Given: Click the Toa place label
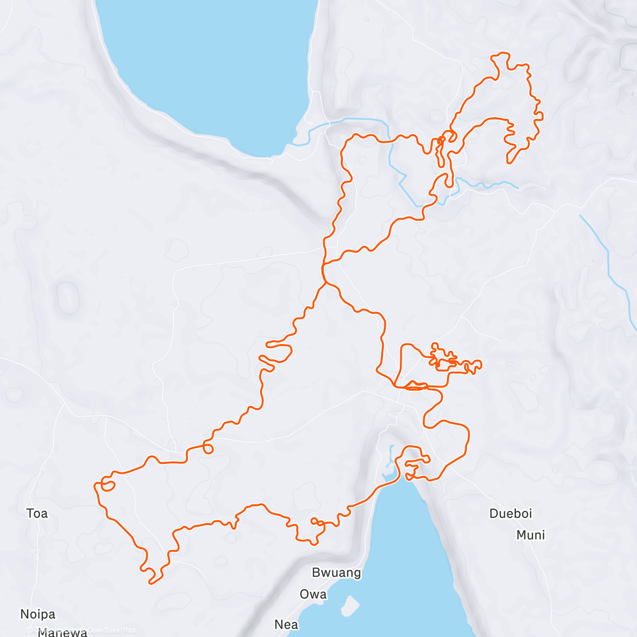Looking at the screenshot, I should click(37, 513).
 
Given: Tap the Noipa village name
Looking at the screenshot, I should click(38, 614).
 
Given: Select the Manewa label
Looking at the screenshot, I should click(63, 632).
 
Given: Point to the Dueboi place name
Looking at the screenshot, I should click(511, 513).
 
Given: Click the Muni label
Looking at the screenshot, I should click(531, 535).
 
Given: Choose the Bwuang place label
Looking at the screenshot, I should click(337, 573).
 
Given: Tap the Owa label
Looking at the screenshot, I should click(313, 595).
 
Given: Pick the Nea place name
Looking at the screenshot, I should click(286, 625).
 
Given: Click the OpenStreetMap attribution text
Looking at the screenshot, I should click(111, 630).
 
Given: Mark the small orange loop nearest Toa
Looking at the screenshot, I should click(108, 485).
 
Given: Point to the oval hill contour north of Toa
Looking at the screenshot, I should click(67, 298).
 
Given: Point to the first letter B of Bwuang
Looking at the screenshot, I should click(316, 573).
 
